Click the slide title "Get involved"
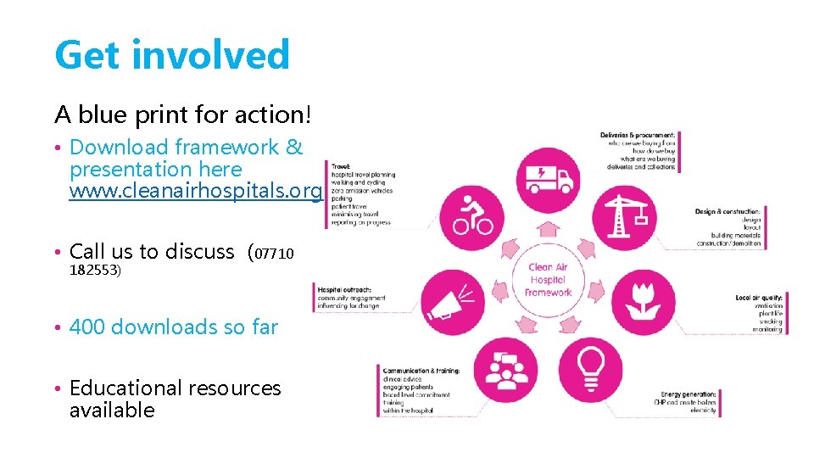[172, 55]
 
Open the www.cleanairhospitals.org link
[196, 192]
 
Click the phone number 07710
[275, 253]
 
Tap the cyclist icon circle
[473, 214]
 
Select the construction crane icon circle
[623, 214]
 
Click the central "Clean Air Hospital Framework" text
[549, 280]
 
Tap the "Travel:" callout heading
[341, 166]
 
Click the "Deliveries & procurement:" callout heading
[638, 135]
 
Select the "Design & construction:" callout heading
[728, 211]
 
